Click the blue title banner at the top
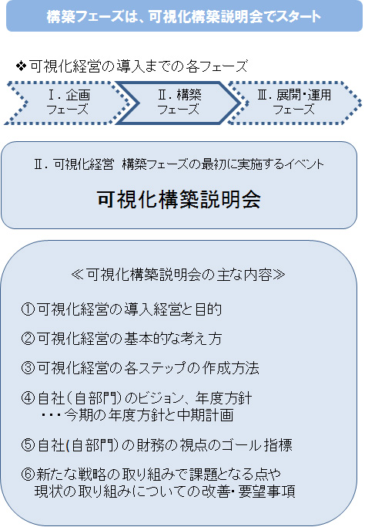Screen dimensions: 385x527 click(x=184, y=15)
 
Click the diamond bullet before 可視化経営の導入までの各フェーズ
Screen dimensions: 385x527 click(x=21, y=66)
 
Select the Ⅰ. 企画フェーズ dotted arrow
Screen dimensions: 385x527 click(x=67, y=103)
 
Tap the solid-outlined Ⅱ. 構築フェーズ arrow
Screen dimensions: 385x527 click(x=179, y=103)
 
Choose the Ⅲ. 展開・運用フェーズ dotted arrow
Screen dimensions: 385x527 click(x=294, y=103)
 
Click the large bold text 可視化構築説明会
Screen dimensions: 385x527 click(x=179, y=199)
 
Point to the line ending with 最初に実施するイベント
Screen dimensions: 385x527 click(x=179, y=164)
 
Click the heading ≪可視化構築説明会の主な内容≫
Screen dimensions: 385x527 click(x=178, y=275)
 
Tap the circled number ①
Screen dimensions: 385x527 click(x=28, y=309)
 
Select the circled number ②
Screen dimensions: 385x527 click(x=28, y=339)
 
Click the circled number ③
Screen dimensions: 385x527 click(x=28, y=368)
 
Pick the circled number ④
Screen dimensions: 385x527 click(x=28, y=398)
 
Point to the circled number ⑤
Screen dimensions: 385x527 click(x=28, y=445)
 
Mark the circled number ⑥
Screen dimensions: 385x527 click(x=28, y=475)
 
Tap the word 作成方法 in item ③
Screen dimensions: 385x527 click(x=231, y=368)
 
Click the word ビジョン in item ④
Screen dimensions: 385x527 click(x=154, y=399)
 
